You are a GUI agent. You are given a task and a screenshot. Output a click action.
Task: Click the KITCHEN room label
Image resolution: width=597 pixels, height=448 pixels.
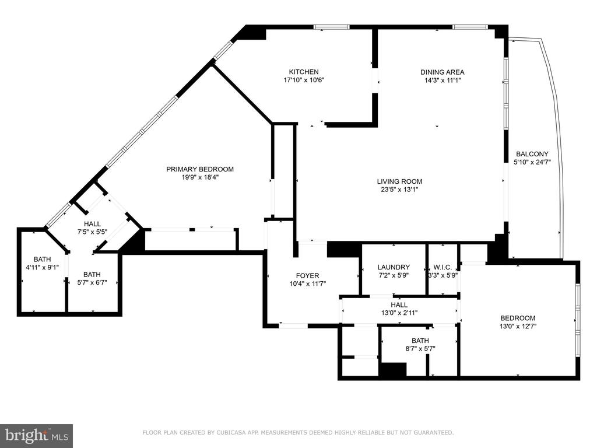[x=304, y=72]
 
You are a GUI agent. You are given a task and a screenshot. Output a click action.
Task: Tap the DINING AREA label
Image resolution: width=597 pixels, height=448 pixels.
[x=443, y=72]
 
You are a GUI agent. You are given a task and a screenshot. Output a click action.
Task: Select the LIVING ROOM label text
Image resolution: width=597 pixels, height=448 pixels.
[x=400, y=181]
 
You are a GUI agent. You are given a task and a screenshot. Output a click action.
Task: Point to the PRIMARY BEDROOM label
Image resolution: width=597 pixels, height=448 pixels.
[x=200, y=169]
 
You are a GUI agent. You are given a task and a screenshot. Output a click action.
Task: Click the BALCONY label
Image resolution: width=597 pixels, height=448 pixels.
[x=532, y=154]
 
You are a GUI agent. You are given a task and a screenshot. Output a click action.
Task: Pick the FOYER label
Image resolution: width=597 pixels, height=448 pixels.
[x=308, y=275]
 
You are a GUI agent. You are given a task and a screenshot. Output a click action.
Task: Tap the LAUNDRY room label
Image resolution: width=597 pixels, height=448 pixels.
[x=394, y=267]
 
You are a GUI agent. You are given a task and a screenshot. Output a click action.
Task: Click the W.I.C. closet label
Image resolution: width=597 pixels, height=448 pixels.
[x=443, y=267]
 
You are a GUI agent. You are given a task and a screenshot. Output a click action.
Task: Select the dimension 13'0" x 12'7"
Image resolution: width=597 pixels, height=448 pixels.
[x=518, y=326]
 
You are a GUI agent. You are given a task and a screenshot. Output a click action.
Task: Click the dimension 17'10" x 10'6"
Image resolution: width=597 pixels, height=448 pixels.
[x=304, y=80]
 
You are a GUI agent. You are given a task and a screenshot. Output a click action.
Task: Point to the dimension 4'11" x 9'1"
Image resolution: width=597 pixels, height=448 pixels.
[x=42, y=267]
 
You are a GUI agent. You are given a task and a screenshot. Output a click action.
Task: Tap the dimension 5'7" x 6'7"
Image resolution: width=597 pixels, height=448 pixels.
[x=92, y=283]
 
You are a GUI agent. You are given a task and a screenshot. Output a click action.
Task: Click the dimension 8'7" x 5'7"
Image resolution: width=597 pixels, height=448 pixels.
[x=420, y=349]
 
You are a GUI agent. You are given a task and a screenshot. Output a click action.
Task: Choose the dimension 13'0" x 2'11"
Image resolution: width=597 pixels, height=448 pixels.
[x=399, y=313]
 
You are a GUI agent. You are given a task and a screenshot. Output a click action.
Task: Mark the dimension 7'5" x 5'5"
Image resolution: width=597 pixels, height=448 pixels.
[x=92, y=232]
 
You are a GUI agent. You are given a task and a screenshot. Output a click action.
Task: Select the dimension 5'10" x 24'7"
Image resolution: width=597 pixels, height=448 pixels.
[x=532, y=162]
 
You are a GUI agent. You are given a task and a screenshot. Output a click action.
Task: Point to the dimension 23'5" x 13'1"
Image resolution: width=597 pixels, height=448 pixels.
[x=400, y=190]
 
